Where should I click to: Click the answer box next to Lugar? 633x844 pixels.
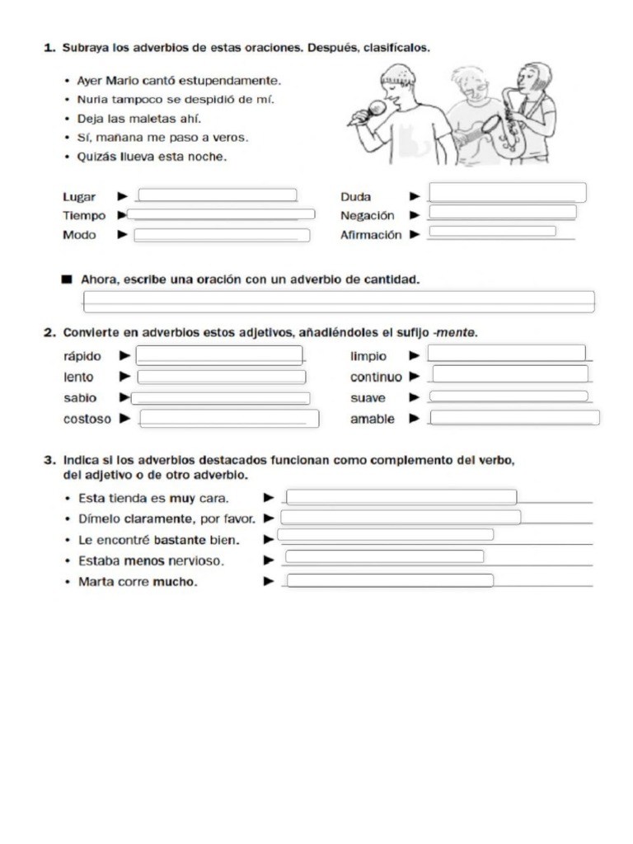coord(218,195)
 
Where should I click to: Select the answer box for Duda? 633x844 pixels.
coord(508,193)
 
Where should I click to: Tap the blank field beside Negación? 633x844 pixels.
coord(502,213)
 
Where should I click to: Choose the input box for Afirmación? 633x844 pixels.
coord(492,232)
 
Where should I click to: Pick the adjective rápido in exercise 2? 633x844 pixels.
coord(82,357)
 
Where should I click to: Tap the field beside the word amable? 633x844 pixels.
coord(514,418)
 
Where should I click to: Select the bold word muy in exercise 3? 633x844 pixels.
coord(182,498)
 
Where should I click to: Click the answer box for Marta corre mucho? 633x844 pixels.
coord(390,581)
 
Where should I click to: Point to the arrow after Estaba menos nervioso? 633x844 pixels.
coord(269,560)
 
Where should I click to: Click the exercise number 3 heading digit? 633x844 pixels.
coord(49,461)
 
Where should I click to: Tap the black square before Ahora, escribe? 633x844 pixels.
coord(67,279)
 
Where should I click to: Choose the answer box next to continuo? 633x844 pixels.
coord(510,374)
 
